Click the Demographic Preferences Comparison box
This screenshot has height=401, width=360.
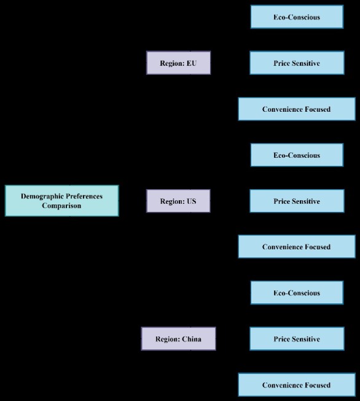click(x=61, y=201)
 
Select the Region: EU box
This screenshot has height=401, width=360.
click(x=178, y=63)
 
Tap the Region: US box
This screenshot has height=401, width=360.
click(x=178, y=201)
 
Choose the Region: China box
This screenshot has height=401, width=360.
click(x=178, y=339)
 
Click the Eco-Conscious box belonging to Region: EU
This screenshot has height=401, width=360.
click(x=296, y=17)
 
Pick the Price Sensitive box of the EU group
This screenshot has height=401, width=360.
click(x=296, y=63)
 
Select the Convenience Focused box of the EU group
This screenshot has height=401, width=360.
click(x=296, y=109)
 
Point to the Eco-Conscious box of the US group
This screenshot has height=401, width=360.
click(x=296, y=155)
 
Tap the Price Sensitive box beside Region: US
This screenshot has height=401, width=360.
click(x=296, y=201)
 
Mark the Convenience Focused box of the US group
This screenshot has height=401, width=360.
click(x=296, y=247)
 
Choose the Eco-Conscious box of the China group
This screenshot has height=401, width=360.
click(x=296, y=293)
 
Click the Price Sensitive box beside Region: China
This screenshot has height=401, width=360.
click(x=296, y=339)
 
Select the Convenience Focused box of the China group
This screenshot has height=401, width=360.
click(x=296, y=385)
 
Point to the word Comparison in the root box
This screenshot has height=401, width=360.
click(x=61, y=206)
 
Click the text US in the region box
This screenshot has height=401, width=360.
click(x=192, y=201)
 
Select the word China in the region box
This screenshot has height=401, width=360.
click(x=192, y=339)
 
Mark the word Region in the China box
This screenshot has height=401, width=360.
click(x=167, y=339)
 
